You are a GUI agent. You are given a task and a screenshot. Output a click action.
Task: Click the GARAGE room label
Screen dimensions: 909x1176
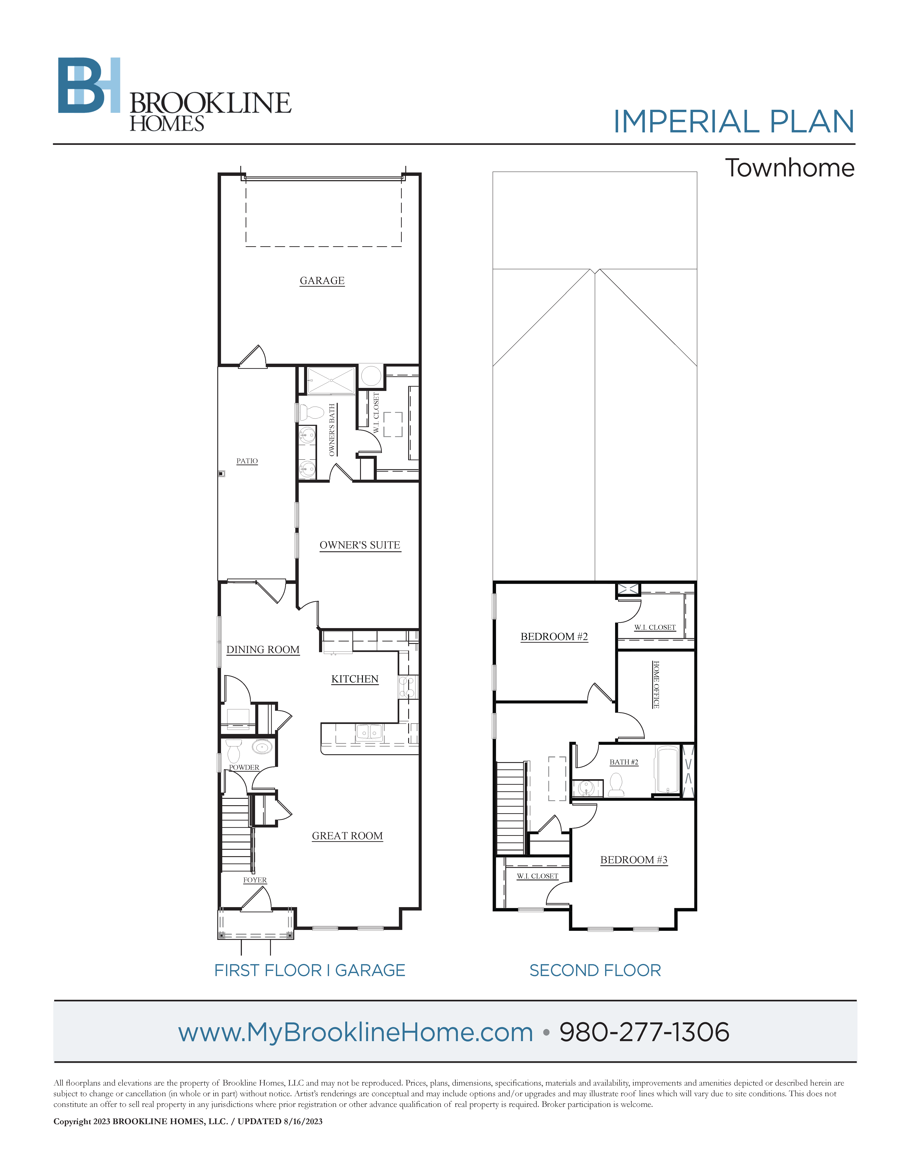point(322,280)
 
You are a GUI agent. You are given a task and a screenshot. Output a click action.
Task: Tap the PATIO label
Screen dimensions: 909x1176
point(247,461)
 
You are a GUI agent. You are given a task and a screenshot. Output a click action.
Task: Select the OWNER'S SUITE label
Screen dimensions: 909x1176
point(360,545)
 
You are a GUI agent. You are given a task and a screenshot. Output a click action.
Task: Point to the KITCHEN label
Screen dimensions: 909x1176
point(355,679)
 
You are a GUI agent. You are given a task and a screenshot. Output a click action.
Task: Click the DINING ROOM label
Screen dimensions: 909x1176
point(263,649)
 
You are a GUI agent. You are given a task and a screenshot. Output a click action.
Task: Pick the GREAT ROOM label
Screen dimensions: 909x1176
point(347,836)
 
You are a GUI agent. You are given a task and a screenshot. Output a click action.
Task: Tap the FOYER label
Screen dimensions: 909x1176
point(255,880)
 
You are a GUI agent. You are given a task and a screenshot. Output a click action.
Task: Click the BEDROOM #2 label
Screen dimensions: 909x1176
point(554,636)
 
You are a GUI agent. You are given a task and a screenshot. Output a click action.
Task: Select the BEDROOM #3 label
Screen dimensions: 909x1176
point(634,860)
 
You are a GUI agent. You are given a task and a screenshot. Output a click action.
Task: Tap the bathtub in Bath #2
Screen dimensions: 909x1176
point(667,770)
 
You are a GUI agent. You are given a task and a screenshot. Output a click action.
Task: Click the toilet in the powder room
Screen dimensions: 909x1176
point(234,750)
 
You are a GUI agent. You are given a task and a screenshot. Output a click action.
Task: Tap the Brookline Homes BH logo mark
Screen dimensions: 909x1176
point(89,85)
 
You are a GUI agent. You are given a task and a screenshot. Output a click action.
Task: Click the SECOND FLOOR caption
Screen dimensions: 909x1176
point(595,970)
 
